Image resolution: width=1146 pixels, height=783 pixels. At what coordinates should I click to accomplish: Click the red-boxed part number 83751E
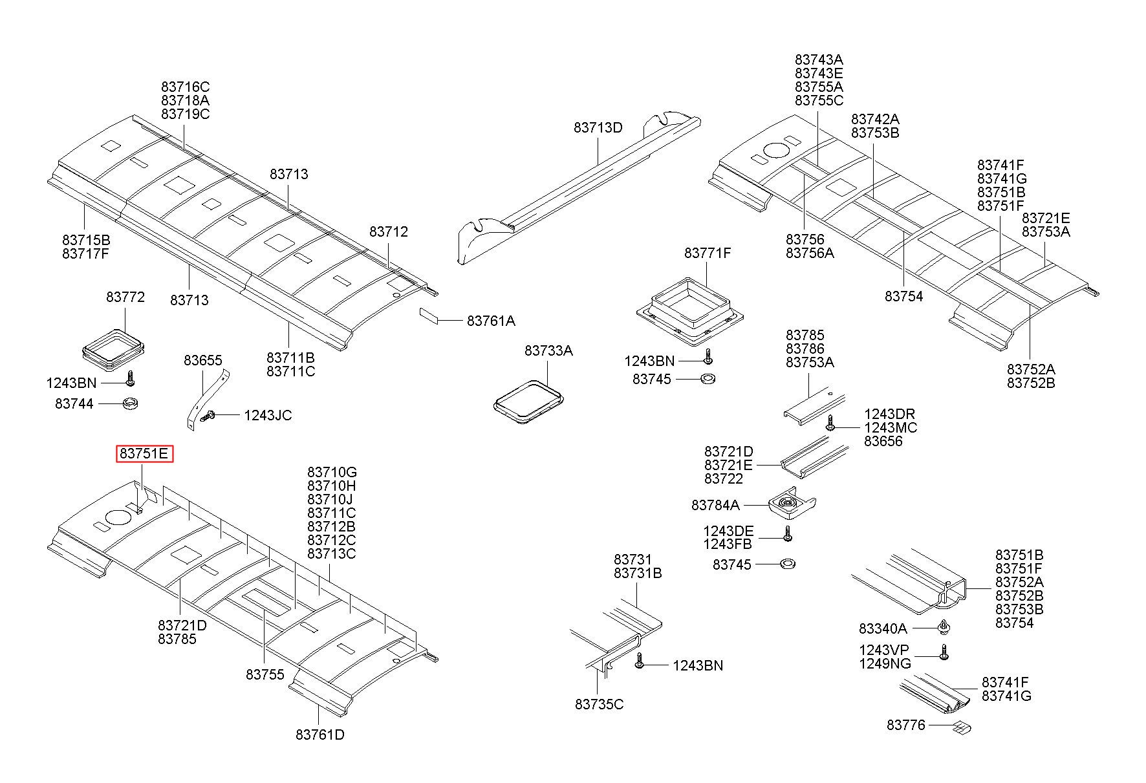click(144, 454)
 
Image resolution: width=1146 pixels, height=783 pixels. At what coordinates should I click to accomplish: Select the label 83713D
click(598, 128)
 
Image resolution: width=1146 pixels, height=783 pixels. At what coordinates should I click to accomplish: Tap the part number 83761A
click(491, 321)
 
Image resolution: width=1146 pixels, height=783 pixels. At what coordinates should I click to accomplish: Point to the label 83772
click(125, 297)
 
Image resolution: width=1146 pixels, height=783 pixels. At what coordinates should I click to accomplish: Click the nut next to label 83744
click(131, 404)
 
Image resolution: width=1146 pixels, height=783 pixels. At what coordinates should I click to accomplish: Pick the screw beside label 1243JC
click(208, 417)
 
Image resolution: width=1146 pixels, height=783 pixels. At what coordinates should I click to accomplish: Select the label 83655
click(202, 360)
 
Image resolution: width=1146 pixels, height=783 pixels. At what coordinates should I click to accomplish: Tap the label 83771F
click(707, 253)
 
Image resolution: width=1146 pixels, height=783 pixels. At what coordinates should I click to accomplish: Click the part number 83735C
click(599, 704)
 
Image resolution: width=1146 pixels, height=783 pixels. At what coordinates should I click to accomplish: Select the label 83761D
click(319, 735)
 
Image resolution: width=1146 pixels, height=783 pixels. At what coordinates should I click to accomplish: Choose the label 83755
click(265, 674)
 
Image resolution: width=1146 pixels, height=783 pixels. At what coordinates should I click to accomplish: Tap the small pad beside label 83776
click(963, 729)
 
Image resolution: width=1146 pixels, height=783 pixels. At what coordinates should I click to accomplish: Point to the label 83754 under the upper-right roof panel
click(903, 297)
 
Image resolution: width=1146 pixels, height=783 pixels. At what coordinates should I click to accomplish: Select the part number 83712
click(389, 231)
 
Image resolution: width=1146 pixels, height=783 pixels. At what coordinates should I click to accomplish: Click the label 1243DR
click(889, 414)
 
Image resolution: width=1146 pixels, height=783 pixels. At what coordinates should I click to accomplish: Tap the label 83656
click(883, 442)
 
